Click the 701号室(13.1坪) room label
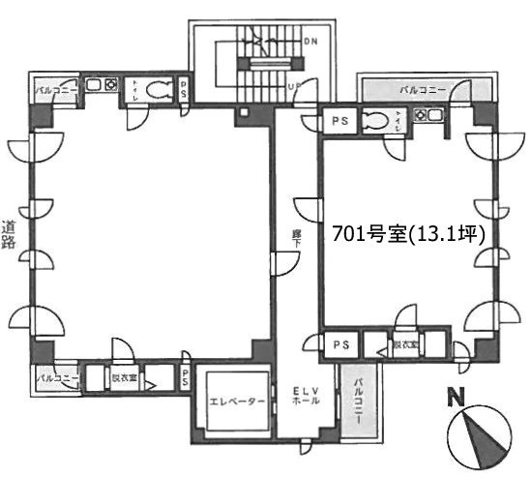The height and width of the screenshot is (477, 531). (x=414, y=233)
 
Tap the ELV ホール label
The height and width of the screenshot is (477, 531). (x=302, y=397)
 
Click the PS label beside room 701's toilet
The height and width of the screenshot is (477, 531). (x=339, y=121)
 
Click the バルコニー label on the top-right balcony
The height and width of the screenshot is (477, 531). (x=424, y=90)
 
